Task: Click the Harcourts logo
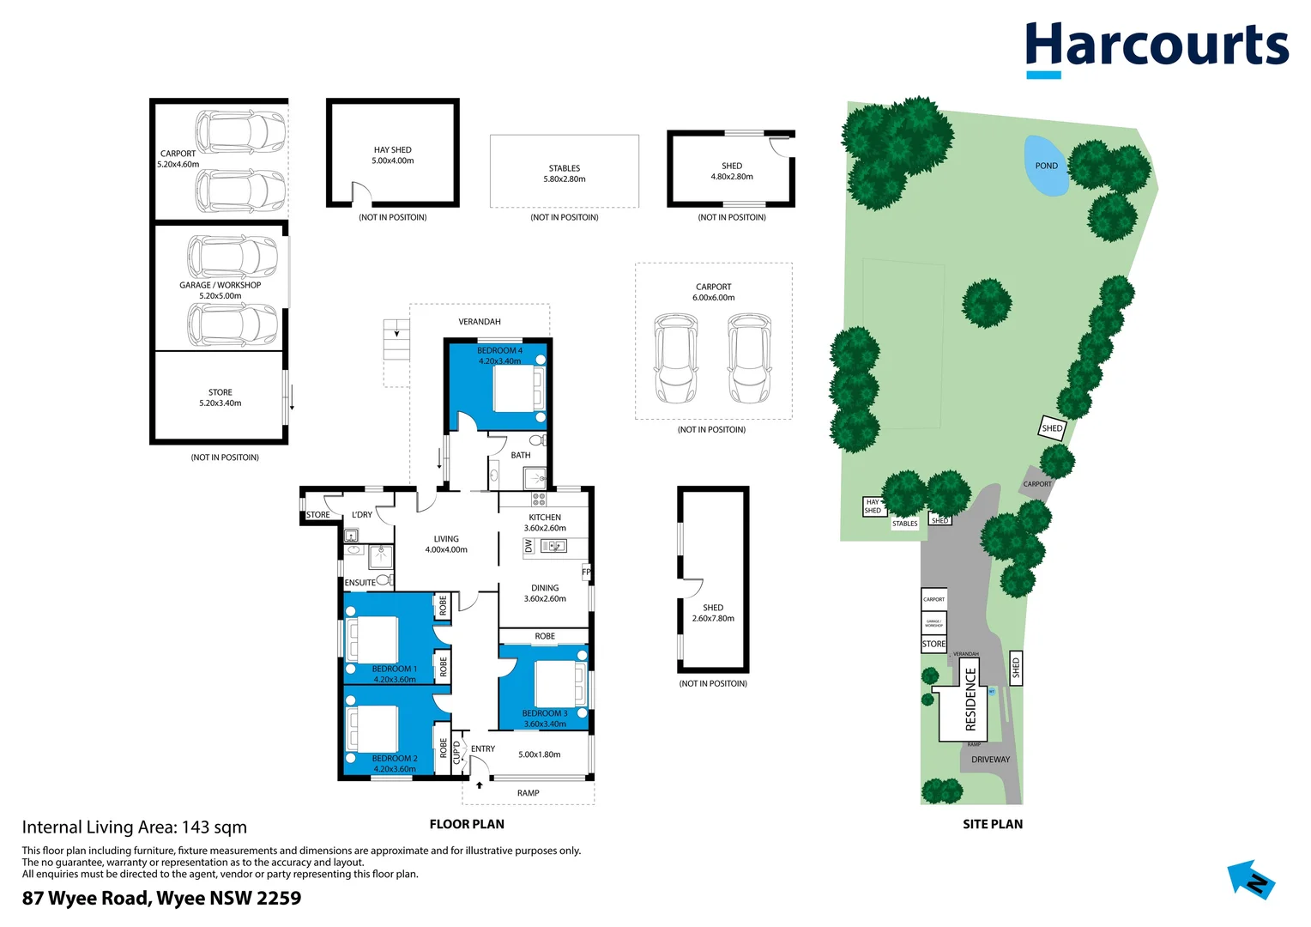[x=1156, y=48]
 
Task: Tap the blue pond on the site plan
[x=1046, y=166]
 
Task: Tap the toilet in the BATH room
[x=537, y=440]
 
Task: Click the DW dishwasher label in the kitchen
[x=529, y=546]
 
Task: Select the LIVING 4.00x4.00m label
[x=446, y=544]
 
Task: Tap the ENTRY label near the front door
[x=483, y=748]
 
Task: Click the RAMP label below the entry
[x=529, y=793]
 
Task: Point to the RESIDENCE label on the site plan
[x=970, y=699]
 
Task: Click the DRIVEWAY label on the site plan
[x=990, y=760]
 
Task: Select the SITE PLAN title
[x=992, y=824]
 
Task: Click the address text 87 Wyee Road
[x=161, y=898]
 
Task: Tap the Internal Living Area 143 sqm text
[x=134, y=827]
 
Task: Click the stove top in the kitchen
[x=539, y=498]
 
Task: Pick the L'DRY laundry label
[x=362, y=515]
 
